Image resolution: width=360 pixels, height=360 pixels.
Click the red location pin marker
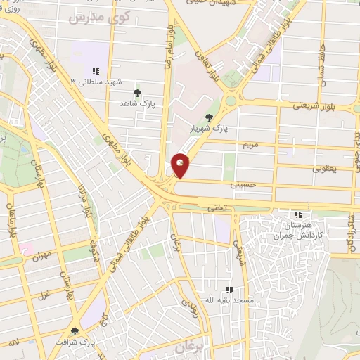coord(181,165)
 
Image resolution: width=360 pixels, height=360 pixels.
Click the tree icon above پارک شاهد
coord(137,92)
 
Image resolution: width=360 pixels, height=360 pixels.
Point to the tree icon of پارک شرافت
coord(75,331)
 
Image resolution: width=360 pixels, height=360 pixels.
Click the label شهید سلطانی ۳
coord(89,82)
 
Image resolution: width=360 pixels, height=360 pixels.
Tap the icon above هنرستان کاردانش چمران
coord(298,214)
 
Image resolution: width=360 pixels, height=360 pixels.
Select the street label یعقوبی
coord(326,168)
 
